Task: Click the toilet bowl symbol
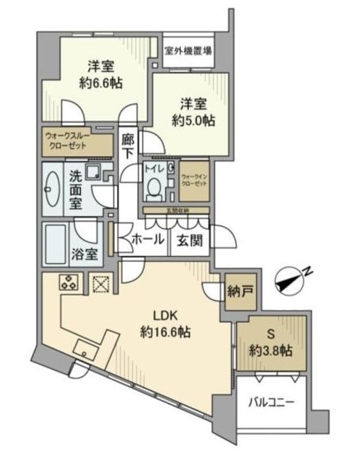coord(153,186)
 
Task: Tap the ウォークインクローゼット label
coord(194,180)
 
